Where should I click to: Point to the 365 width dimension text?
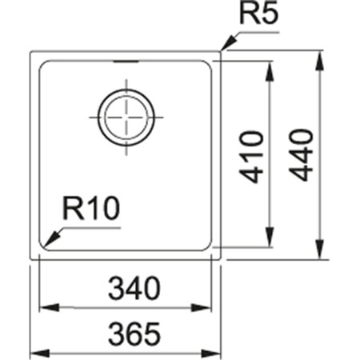[126, 330]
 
